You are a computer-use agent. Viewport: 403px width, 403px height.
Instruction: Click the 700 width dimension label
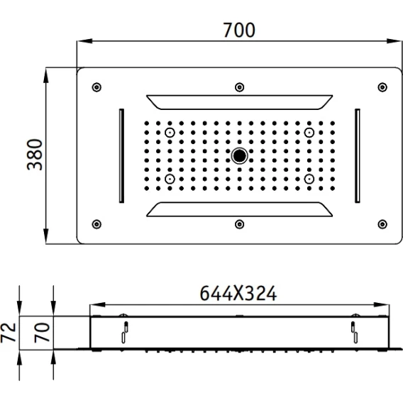(x=239, y=31)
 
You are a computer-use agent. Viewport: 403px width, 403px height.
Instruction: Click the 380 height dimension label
(x=35, y=155)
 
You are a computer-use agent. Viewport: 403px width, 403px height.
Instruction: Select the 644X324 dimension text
(x=238, y=293)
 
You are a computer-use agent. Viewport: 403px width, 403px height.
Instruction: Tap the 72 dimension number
(x=9, y=333)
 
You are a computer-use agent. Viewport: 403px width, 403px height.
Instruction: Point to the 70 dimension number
(x=42, y=333)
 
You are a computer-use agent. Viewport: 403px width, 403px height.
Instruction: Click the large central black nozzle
(x=239, y=155)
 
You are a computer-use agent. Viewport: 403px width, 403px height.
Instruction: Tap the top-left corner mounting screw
(x=96, y=87)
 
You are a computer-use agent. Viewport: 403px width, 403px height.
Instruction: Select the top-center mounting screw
(x=240, y=87)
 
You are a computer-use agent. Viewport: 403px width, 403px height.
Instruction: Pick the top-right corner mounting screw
(x=382, y=87)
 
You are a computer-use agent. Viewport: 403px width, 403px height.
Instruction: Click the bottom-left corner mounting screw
(x=96, y=224)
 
